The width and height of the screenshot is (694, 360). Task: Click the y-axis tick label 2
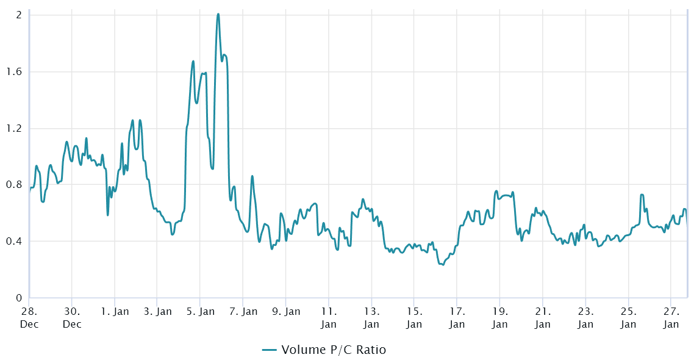[19, 15]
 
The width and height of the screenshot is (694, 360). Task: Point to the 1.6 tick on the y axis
[15, 71]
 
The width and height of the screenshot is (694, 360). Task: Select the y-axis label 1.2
[15, 128]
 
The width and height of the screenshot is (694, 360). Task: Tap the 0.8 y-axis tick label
[15, 184]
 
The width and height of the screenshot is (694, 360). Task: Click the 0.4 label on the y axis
[15, 241]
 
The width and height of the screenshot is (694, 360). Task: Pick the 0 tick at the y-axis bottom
[19, 298]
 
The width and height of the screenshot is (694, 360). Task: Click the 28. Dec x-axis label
[29, 317]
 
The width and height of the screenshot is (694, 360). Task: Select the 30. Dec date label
[72, 317]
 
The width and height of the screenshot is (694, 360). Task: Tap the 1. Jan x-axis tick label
[115, 312]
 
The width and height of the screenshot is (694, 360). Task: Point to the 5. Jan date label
[200, 312]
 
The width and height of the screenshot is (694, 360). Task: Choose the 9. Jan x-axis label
[286, 312]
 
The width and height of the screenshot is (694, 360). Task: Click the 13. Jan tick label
[371, 317]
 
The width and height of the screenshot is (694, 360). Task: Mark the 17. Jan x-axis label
[457, 317]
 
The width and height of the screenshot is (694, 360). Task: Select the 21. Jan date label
[543, 317]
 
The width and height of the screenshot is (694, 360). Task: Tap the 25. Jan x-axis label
[628, 317]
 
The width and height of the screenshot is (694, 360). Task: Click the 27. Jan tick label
[671, 317]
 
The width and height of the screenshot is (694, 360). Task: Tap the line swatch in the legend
[270, 350]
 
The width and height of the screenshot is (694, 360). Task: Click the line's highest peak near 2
[218, 14]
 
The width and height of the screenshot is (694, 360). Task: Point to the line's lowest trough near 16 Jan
[442, 264]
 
